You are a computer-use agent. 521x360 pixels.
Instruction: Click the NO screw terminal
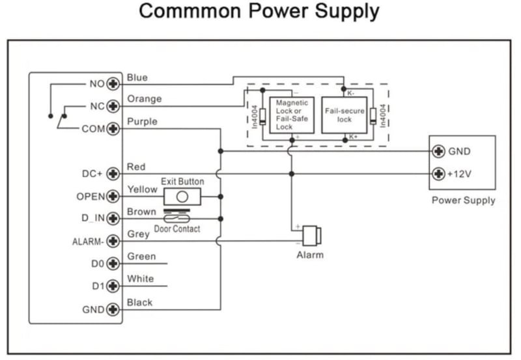[115, 83]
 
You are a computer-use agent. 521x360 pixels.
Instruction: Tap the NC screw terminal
[115, 105]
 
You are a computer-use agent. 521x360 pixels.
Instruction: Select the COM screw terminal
[115, 128]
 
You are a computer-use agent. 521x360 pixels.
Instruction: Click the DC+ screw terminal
[115, 174]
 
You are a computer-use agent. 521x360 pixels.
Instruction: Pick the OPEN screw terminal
[115, 196]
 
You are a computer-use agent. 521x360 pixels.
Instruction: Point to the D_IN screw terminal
[115, 219]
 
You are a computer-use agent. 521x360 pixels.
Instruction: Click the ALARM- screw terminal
[115, 242]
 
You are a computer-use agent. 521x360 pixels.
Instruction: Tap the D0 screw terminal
[115, 264]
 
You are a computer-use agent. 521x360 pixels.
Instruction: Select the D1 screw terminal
[115, 286]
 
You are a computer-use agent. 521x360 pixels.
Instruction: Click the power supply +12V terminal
[439, 174]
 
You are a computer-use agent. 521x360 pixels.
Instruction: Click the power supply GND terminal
[439, 151]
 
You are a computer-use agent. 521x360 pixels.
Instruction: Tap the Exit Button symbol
[182, 196]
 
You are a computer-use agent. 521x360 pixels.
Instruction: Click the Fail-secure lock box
[345, 115]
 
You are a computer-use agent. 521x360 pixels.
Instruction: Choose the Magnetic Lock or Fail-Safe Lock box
[291, 115]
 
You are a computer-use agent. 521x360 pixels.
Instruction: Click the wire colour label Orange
[144, 99]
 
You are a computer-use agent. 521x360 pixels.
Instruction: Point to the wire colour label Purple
[142, 122]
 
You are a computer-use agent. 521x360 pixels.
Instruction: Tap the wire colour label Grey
[138, 234]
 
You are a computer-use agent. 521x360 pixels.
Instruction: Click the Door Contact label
[177, 229]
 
